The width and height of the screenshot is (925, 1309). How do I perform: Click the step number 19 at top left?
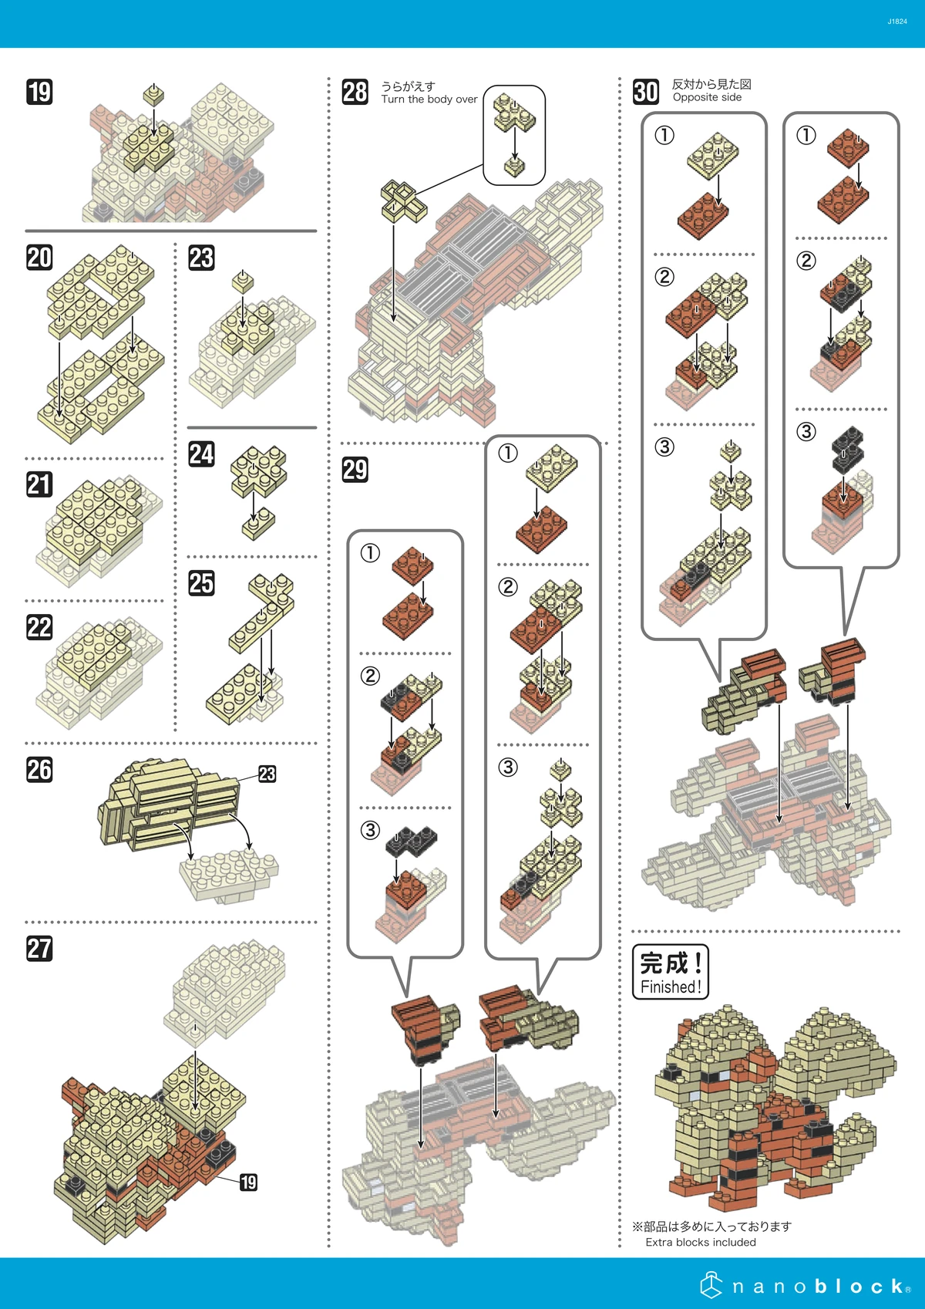[x=39, y=92]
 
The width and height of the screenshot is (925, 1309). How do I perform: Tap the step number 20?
[x=39, y=257]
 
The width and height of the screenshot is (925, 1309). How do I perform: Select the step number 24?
[x=201, y=454]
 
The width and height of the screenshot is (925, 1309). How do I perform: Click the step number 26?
[x=39, y=769]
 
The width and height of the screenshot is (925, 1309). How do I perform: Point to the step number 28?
[x=355, y=92]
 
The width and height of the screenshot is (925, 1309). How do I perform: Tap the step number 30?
[x=646, y=92]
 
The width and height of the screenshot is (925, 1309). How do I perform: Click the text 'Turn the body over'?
[x=429, y=100]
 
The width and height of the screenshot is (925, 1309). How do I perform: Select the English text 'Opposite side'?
[x=707, y=98]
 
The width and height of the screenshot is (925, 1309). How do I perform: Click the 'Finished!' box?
[x=670, y=972]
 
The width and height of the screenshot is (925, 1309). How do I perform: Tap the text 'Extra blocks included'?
[x=700, y=1242]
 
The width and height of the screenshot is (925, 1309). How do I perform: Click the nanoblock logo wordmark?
[x=820, y=1286]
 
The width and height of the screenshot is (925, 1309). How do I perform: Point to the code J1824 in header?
[x=896, y=22]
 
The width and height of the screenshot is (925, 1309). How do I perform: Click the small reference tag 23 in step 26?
[x=267, y=774]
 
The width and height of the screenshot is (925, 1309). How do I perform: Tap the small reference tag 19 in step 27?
[x=248, y=1182]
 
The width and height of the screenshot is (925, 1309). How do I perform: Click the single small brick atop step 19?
[x=153, y=95]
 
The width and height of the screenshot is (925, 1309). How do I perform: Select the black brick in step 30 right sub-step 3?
[x=846, y=450]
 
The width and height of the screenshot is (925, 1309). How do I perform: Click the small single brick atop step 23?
[x=243, y=281]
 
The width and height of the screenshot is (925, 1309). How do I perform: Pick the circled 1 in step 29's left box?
[x=370, y=553]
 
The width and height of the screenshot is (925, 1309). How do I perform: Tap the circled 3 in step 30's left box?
[x=664, y=447]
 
